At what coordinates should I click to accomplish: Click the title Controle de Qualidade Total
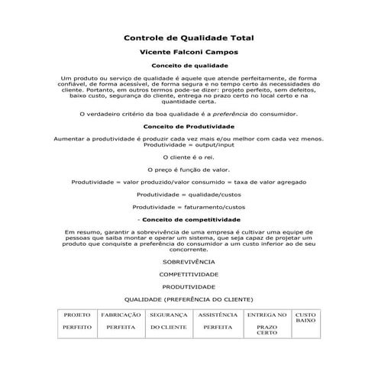coord(189,37)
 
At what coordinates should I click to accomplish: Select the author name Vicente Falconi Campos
coord(189,52)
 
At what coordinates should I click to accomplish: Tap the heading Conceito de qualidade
coord(189,66)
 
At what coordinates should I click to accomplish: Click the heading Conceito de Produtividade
coord(189,125)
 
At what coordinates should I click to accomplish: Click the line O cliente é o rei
coord(189,157)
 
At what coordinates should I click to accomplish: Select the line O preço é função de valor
coord(189,170)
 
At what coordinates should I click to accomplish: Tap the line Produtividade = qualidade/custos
coord(189,195)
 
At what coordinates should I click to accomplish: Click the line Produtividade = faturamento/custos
coord(189,207)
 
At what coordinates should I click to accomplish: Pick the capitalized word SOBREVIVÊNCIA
coord(189,261)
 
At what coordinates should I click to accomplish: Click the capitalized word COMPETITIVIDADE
coord(189,273)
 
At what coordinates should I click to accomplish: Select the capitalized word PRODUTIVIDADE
coord(189,286)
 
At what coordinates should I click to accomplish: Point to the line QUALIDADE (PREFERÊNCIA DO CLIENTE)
coord(189,299)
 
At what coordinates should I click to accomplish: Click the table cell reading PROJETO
coord(77,315)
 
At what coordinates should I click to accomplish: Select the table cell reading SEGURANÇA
coord(168,315)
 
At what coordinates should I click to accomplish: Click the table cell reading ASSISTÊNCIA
coord(218,315)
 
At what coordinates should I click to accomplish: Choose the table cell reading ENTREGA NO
coord(267,315)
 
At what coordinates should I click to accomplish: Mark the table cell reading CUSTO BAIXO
coord(305,318)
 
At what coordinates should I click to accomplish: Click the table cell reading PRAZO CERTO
coord(267,330)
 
